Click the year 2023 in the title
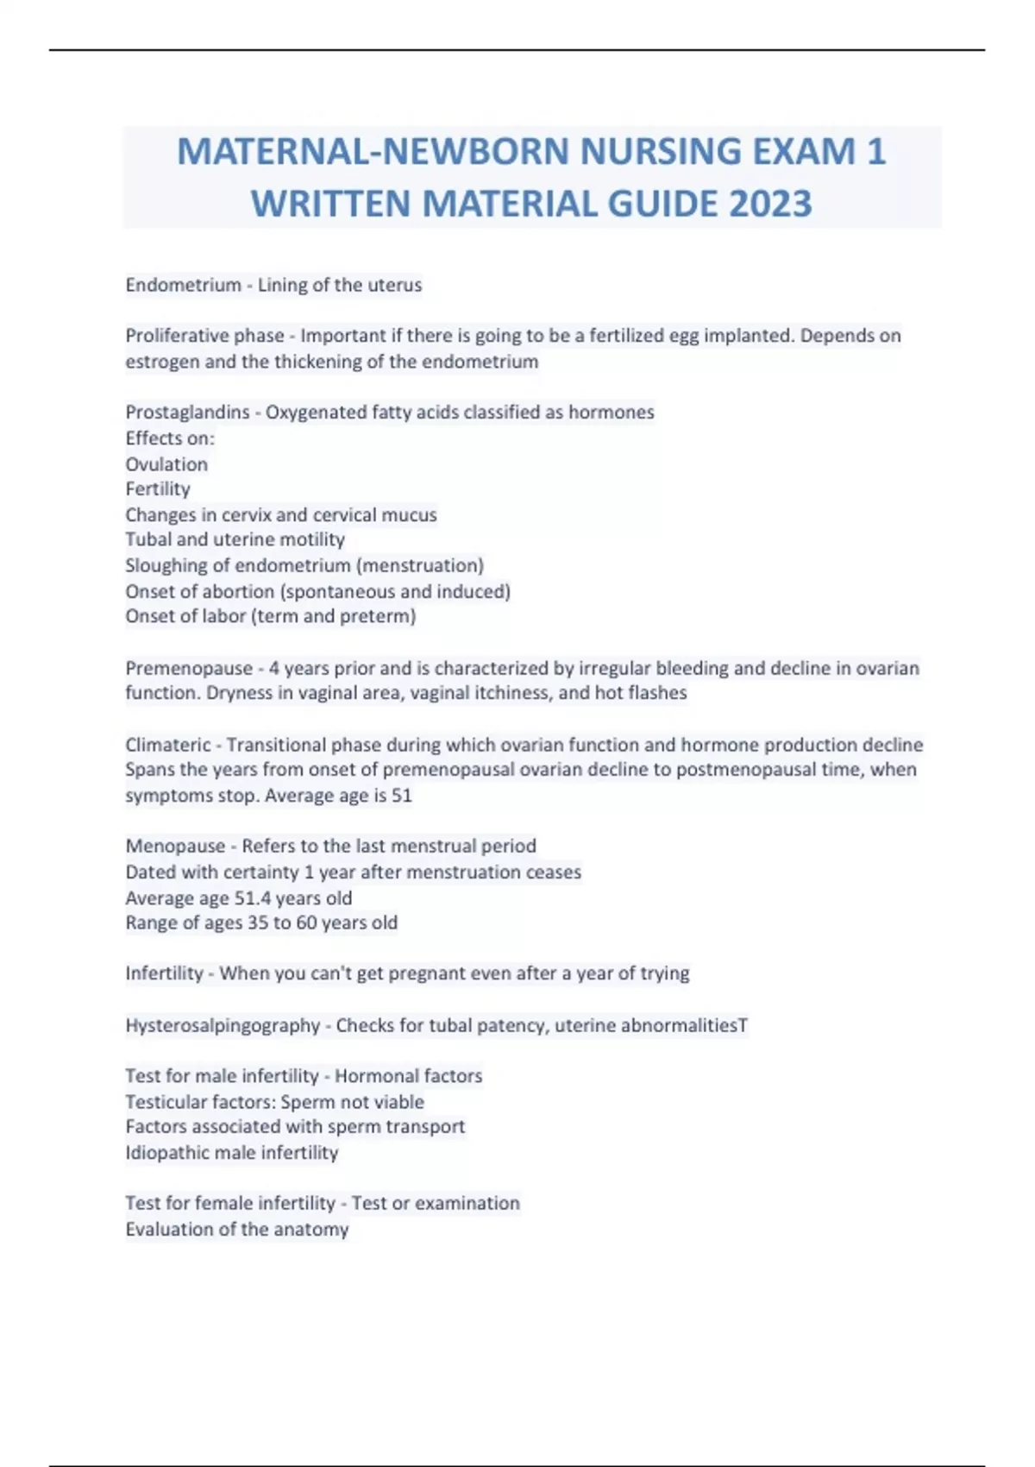click(x=770, y=205)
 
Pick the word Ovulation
click(x=166, y=464)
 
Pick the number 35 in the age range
click(x=258, y=922)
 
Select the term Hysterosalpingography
click(x=223, y=1025)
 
